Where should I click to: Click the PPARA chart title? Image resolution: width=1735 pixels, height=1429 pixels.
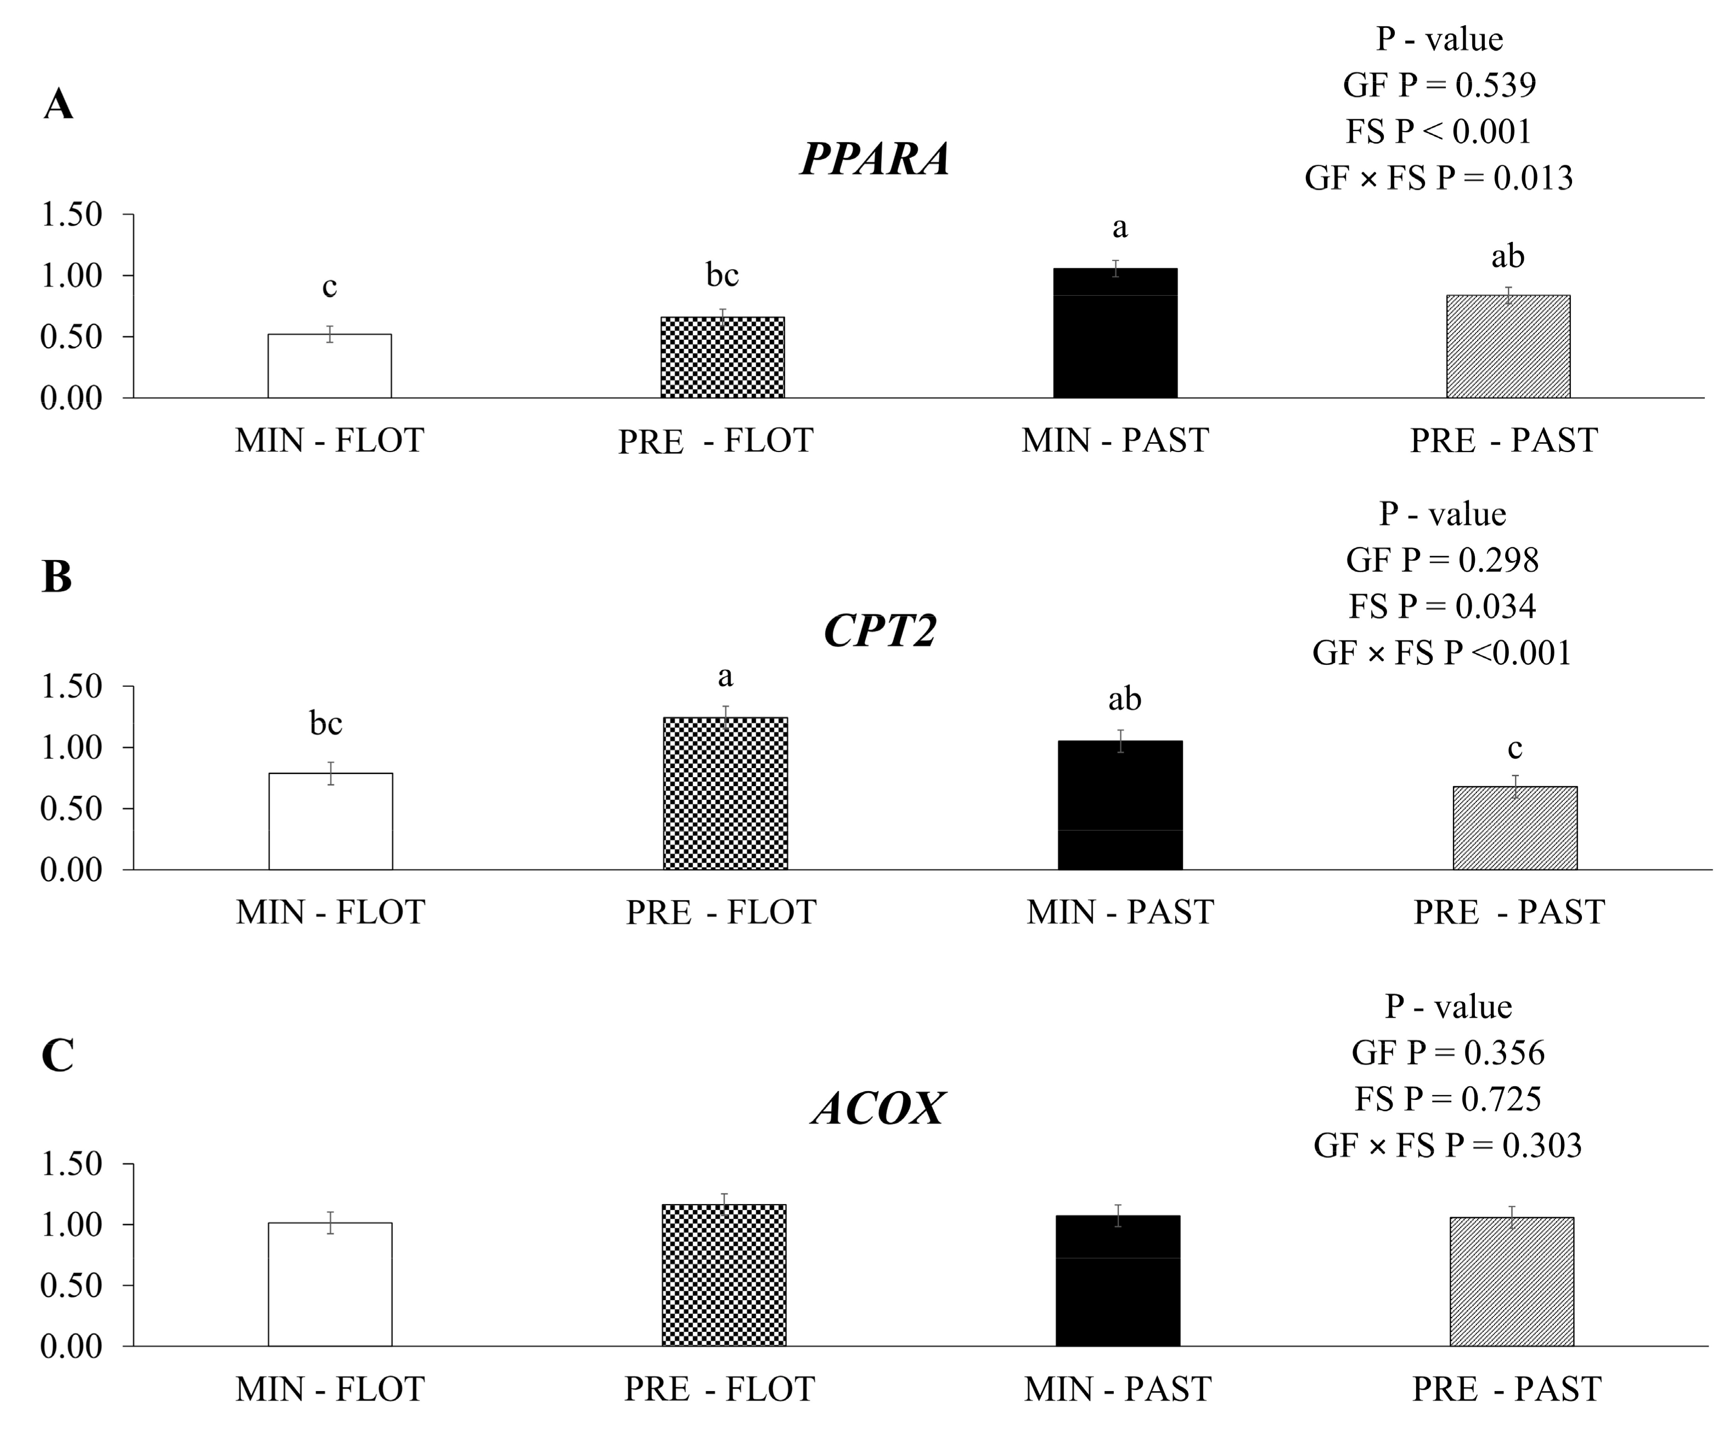pyautogui.click(x=875, y=159)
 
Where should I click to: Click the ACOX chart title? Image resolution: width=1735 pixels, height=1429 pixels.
pyautogui.click(x=878, y=1108)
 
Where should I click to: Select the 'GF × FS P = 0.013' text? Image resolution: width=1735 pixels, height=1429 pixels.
pyautogui.click(x=1439, y=178)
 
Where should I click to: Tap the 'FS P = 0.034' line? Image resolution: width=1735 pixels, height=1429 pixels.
pyautogui.click(x=1442, y=607)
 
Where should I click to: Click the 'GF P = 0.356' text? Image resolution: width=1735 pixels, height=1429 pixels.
pyautogui.click(x=1447, y=1052)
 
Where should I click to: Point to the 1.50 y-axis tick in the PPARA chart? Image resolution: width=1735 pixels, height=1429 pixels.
pyautogui.click(x=72, y=215)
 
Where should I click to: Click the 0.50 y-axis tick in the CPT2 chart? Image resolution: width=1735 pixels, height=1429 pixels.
pyautogui.click(x=72, y=809)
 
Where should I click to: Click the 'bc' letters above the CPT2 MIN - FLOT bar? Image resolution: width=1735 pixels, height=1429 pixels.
pyautogui.click(x=325, y=724)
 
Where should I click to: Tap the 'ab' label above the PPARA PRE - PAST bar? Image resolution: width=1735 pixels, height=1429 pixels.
pyautogui.click(x=1508, y=257)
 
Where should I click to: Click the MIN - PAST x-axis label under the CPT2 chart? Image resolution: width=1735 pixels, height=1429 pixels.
pyautogui.click(x=1120, y=912)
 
